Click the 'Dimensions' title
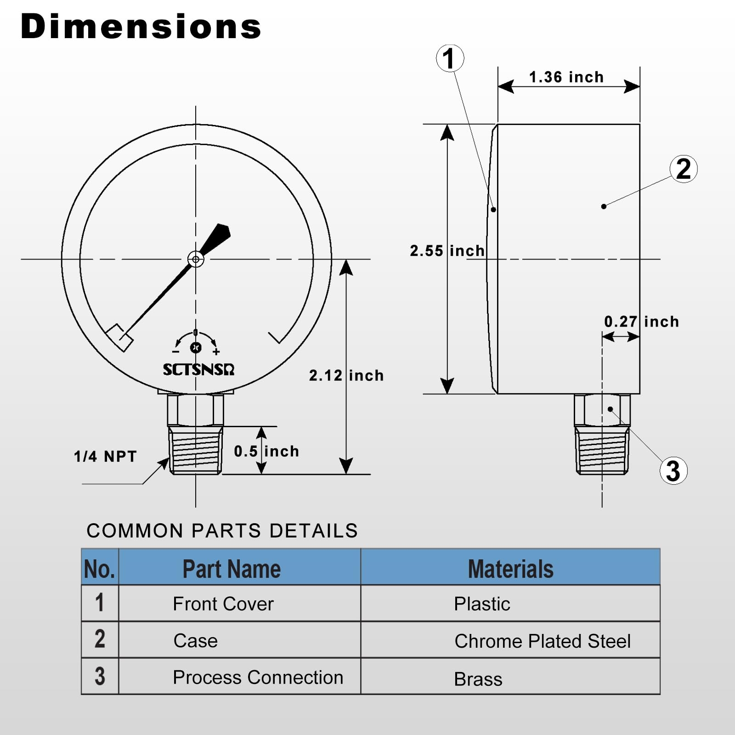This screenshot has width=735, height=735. tap(141, 27)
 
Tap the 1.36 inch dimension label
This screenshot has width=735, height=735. tap(566, 77)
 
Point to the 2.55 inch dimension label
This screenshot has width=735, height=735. tap(447, 251)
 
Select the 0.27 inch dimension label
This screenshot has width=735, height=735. tap(641, 322)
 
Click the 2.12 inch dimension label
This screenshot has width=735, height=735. tap(346, 376)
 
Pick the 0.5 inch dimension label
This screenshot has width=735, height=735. tap(266, 451)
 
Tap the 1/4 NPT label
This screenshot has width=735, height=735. tap(106, 456)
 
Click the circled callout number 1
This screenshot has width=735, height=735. tap(450, 58)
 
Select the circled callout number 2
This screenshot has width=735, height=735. tap(684, 169)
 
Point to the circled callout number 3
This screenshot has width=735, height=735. tap(673, 471)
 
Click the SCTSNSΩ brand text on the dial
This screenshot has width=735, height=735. tap(199, 370)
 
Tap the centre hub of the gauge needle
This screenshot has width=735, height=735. tap(196, 259)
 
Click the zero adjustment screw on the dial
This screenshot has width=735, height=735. tap(196, 347)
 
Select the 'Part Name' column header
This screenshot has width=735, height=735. tap(232, 569)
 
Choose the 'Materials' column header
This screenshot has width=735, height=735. tap(510, 569)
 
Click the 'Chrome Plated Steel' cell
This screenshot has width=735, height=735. tap(543, 641)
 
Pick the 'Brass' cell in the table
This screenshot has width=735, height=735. tap(478, 679)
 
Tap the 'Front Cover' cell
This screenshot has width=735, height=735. tap(223, 604)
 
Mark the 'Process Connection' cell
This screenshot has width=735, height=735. tap(258, 678)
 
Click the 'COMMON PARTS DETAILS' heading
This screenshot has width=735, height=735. tap(222, 531)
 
